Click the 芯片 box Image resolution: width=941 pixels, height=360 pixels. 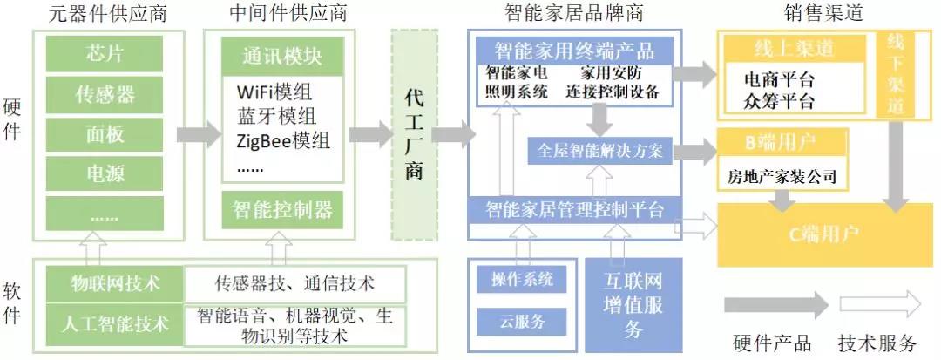click(x=105, y=52)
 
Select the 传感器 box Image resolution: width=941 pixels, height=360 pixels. click(x=105, y=93)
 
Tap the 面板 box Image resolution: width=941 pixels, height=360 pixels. click(x=105, y=133)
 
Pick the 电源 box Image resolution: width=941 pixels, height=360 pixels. click(x=105, y=173)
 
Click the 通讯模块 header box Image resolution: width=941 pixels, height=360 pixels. click(x=281, y=57)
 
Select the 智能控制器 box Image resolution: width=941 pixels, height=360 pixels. click(x=281, y=209)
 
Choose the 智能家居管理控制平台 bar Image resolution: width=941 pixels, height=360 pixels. click(x=575, y=209)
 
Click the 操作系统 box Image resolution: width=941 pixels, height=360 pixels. click(x=522, y=279)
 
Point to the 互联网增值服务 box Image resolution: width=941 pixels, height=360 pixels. click(x=633, y=304)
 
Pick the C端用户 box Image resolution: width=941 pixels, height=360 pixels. click(x=823, y=234)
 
